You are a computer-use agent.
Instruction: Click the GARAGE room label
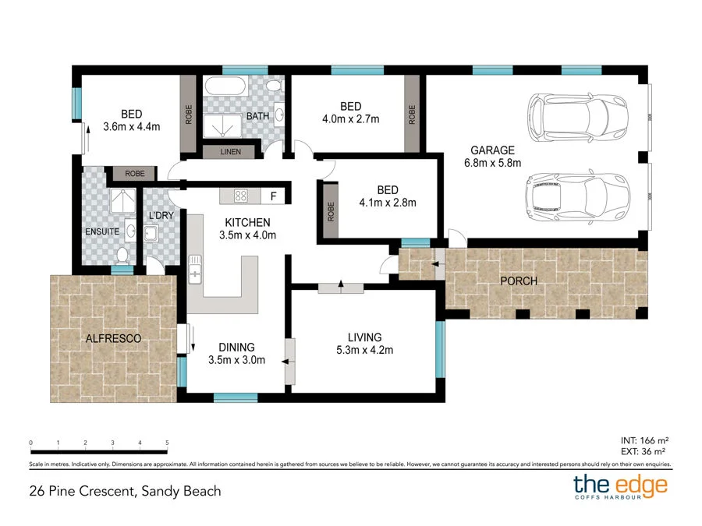click(x=492, y=150)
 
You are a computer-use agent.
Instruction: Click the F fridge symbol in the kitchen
click(x=273, y=196)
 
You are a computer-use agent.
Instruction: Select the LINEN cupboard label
click(x=231, y=151)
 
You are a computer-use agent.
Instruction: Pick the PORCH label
click(x=519, y=281)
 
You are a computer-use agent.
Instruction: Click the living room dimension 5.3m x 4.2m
click(x=364, y=350)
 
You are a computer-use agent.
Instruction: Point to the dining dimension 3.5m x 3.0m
click(x=238, y=360)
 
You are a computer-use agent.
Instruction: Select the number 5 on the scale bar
click(x=167, y=443)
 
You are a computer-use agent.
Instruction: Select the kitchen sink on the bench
click(x=194, y=272)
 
